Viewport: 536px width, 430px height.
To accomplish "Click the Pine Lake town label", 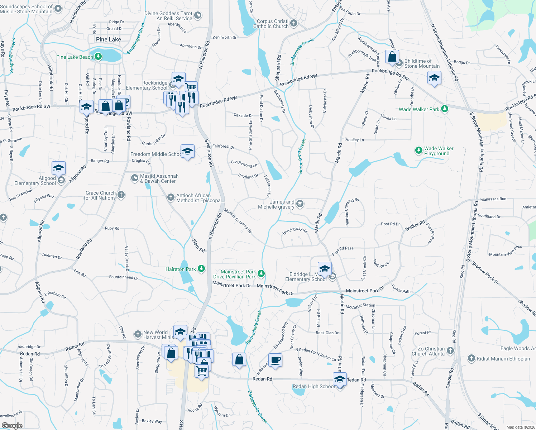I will coord(109,39).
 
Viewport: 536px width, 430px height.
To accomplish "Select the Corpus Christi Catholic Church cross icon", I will coord(294,24).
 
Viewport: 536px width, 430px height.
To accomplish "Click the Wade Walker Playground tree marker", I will coord(418,150).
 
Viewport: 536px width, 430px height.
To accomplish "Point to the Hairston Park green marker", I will coord(201,269).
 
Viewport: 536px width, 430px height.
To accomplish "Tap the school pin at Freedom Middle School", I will coord(187,152).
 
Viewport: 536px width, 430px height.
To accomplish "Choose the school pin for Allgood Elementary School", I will coord(58,168).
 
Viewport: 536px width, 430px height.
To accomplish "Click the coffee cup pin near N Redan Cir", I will coord(275,360).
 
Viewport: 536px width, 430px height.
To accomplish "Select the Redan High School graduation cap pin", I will coord(339,379).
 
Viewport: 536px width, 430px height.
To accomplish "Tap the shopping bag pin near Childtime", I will coord(392,57).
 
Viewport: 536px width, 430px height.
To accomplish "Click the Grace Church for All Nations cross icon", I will coord(121,195).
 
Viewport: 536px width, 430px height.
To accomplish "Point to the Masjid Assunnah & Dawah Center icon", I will coord(135,178).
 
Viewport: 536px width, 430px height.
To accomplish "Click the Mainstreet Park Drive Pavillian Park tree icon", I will coord(261,274).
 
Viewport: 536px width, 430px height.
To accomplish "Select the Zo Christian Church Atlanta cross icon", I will coord(450,351).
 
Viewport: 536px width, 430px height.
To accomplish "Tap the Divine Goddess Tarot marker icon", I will coord(198,16).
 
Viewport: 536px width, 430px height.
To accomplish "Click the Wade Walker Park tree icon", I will coord(444,109).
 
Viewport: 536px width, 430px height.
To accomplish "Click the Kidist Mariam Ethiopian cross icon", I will coord(472,358).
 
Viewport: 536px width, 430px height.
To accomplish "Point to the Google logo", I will coord(12,426).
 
